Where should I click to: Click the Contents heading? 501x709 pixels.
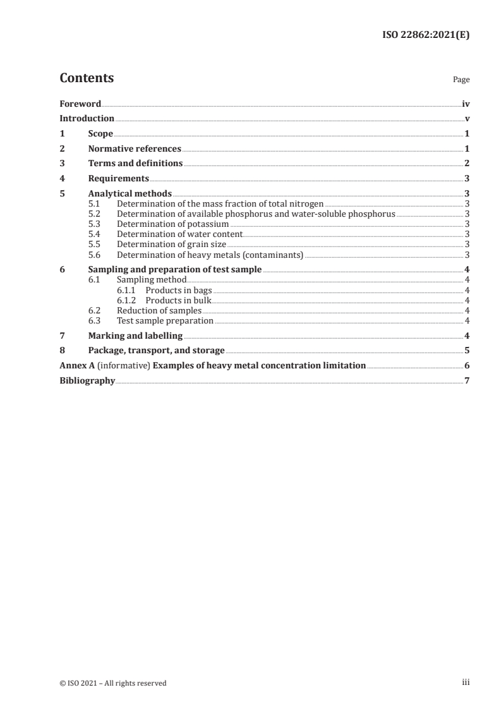(87, 78)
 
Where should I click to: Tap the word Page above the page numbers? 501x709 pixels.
(461, 80)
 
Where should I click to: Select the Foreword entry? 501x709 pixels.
(80, 104)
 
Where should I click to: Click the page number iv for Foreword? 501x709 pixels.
(466, 104)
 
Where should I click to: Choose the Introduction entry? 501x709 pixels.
(87, 119)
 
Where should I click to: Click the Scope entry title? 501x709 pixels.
(100, 134)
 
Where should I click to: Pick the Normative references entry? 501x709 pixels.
(135, 149)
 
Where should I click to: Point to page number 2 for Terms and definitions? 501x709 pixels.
(467, 164)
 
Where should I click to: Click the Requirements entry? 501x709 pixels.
(119, 179)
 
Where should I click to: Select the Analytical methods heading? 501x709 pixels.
(130, 194)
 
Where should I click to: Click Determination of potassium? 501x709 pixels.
(172, 224)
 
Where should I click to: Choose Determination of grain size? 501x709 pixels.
(171, 245)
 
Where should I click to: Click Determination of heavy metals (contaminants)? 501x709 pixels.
(210, 255)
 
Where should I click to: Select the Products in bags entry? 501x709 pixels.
(179, 290)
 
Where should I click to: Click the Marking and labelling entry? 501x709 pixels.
(135, 336)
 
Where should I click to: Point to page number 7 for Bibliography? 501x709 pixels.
(467, 381)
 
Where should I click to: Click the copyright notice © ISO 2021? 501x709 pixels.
(113, 682)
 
